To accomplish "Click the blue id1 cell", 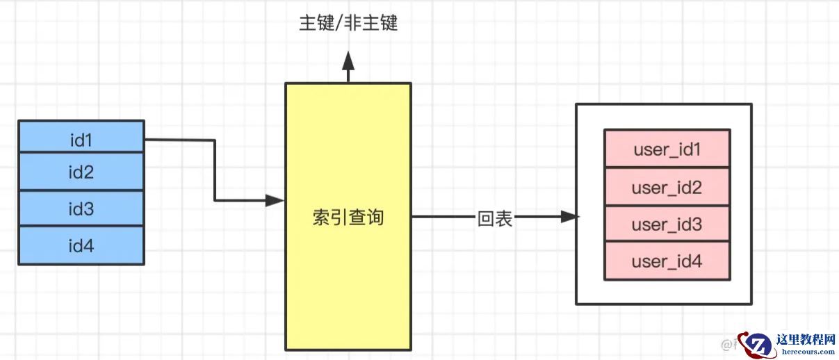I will pos(81,139).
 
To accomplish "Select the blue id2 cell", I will pos(81,173).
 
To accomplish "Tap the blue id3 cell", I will pos(81,209).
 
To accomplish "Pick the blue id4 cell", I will pos(81,245).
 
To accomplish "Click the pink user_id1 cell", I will pos(667,149).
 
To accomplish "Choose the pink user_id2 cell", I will pos(667,187).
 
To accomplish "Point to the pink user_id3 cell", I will pos(667,224).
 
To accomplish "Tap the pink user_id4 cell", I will pos(667,261).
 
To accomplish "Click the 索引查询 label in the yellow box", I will pos(348,218).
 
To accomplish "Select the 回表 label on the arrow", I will pos(495,218).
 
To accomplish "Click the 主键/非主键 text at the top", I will pos(348,23).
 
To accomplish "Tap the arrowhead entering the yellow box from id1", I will pos(275,201).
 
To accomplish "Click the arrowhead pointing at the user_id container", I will pos(569,217).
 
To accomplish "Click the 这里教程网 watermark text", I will pos(806,339).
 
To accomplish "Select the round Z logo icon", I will pos(757,345).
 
